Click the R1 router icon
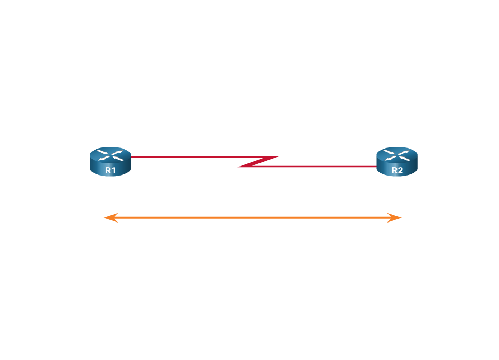coord(110,161)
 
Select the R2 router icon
coord(397,161)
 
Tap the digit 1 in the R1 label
coord(114,170)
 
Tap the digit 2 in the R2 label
coord(400,170)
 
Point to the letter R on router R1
coord(107,170)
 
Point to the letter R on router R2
coord(394,170)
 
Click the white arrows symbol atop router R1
coord(110,154)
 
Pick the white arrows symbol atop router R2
coord(397,154)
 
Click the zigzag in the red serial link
coord(258,162)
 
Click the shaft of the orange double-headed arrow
coord(253,217)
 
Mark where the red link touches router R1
coord(131,157)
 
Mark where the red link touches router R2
coord(376,167)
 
